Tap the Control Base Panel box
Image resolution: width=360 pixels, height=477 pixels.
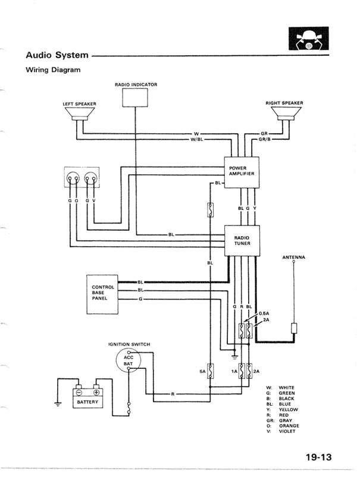pos(102,293)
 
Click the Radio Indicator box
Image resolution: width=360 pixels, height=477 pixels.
pos(135,98)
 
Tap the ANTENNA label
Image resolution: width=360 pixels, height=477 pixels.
pos(293,258)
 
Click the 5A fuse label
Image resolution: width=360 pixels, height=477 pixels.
pos(202,371)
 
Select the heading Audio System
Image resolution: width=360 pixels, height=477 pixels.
pos(57,55)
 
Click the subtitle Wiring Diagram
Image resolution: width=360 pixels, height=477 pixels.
pos(52,70)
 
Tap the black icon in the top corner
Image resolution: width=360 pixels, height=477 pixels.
pos(308,39)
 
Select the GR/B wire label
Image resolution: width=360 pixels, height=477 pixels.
pos(265,140)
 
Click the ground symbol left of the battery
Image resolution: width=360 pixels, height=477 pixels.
pos(58,404)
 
